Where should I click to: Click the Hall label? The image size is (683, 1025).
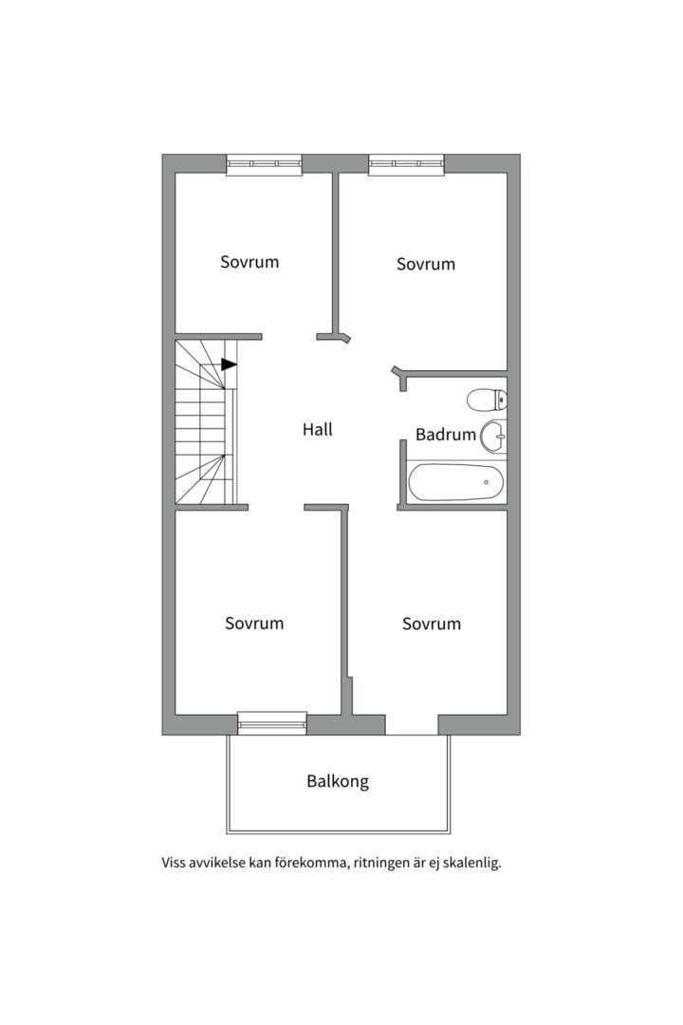coord(318,430)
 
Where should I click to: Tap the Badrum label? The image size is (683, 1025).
coord(446,434)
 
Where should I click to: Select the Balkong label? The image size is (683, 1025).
coord(338,781)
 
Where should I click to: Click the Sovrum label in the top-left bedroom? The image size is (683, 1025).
coord(249,262)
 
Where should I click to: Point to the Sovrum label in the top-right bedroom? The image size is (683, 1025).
coord(426,264)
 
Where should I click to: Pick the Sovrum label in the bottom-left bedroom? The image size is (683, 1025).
coord(254,623)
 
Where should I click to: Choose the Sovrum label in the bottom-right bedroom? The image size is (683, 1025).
coord(432,624)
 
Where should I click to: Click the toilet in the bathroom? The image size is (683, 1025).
coord(488,400)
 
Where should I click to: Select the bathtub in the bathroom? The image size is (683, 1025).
coord(456,482)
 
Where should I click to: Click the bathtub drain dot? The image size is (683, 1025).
coord(486,482)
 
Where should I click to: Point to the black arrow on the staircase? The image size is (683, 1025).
coord(229,364)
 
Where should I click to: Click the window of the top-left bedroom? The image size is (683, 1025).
coord(265,165)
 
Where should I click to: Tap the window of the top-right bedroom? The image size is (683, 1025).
coord(407,165)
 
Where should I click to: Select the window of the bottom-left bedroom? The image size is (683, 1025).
coord(272,723)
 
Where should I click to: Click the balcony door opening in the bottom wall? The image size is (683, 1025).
coord(412,725)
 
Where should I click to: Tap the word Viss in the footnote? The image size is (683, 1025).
coord(174,863)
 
